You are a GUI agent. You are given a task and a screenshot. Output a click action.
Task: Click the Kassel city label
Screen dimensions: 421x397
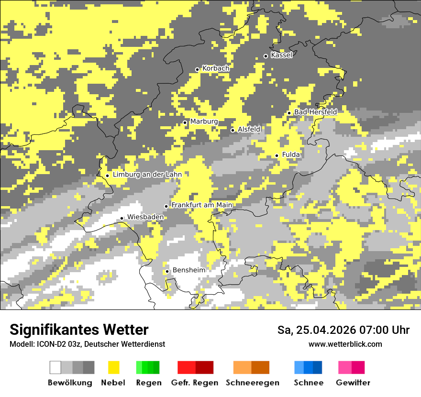tap(281, 55)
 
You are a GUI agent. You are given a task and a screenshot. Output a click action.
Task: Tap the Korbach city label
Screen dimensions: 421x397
tap(216, 68)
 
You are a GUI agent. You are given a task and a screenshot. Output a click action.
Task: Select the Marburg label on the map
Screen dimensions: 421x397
tap(204, 121)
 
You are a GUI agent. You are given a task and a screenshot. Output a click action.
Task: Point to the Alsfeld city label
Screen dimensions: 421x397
tap(249, 129)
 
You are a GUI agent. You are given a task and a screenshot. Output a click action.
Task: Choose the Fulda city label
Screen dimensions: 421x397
tap(291, 154)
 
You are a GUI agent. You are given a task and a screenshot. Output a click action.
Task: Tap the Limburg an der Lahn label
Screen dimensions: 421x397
tap(147, 175)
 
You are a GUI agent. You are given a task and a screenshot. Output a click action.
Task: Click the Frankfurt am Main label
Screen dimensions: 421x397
tap(202, 205)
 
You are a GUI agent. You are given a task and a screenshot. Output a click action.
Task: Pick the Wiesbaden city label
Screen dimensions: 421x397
tap(145, 217)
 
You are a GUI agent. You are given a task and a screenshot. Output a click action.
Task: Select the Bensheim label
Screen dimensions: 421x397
tap(188, 270)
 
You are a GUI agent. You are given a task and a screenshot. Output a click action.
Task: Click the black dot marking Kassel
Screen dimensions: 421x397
tap(266, 56)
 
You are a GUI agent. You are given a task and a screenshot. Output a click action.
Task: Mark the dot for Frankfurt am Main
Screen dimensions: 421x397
tap(166, 206)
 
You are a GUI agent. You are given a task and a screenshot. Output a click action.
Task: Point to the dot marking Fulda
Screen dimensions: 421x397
tap(277, 155)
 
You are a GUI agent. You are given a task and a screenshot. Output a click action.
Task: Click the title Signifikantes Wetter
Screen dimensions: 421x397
tap(79, 330)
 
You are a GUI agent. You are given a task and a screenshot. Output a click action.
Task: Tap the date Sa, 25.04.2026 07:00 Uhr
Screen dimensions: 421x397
tap(343, 330)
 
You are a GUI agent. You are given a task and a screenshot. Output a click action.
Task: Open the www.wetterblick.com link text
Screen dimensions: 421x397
tap(345, 344)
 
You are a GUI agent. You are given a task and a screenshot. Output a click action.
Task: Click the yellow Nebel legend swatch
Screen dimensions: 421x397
tap(114, 367)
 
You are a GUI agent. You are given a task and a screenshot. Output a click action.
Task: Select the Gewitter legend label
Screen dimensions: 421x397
tap(353, 383)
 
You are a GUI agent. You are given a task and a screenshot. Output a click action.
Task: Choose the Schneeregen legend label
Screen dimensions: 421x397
tap(252, 383)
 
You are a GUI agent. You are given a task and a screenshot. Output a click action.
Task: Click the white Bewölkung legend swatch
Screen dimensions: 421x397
tap(55, 367)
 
